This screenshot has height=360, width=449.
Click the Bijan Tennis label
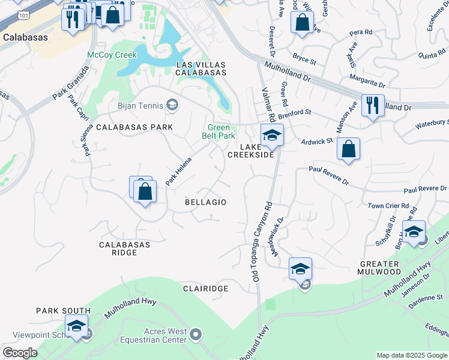(x=142, y=106)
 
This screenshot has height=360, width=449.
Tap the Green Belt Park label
(x=221, y=131)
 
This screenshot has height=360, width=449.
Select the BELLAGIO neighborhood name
(x=205, y=202)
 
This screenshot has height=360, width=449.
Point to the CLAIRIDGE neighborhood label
(x=205, y=289)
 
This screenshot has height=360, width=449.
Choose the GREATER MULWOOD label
(x=379, y=268)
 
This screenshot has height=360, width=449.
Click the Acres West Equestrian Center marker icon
(x=196, y=334)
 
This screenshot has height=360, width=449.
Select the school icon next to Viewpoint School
(x=76, y=326)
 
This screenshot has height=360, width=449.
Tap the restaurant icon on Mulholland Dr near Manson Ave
(x=373, y=106)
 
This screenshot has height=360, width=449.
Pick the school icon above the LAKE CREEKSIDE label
(x=272, y=136)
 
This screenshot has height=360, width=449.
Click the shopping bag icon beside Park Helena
(x=144, y=192)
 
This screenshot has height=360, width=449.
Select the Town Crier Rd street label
(x=388, y=206)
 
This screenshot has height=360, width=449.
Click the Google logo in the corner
(x=20, y=353)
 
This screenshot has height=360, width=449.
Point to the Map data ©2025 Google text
(x=411, y=355)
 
